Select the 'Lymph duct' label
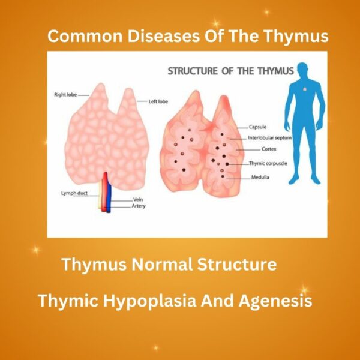click(x=74, y=193)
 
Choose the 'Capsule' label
click(x=259, y=127)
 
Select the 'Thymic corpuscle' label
click(x=268, y=163)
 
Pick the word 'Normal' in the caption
click(x=165, y=264)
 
